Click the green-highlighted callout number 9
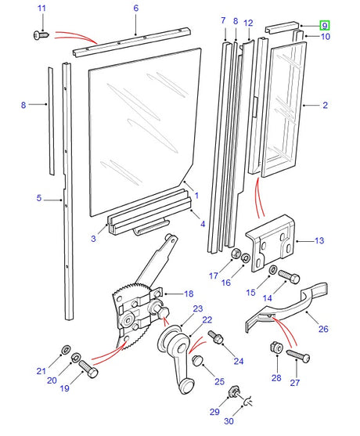[324, 26]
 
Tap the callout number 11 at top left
[42, 9]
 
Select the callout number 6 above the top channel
[135, 9]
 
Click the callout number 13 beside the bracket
[319, 240]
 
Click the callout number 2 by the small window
[325, 104]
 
